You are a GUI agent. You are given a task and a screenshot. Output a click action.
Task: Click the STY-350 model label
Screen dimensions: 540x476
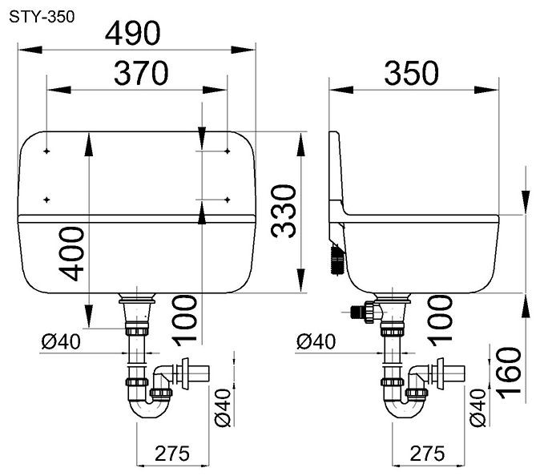point(42,17)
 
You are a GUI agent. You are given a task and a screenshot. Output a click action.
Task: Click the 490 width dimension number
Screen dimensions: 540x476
point(133,33)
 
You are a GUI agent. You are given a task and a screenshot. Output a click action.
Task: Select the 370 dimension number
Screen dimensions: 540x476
point(141,73)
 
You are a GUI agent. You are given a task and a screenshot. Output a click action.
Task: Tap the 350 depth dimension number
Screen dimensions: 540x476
point(412,73)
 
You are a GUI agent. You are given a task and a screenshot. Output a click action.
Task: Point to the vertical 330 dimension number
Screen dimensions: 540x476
point(284,211)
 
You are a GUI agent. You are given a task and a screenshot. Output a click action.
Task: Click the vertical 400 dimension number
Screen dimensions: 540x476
point(71,253)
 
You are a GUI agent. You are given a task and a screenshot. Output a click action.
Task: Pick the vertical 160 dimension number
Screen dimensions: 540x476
point(508,373)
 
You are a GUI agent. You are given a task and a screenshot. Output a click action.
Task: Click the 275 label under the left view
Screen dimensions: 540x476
point(172,454)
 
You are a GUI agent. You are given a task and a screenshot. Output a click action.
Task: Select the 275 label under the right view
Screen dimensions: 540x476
point(427,454)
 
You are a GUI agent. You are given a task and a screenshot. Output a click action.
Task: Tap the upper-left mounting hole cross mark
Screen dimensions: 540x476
point(46,151)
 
